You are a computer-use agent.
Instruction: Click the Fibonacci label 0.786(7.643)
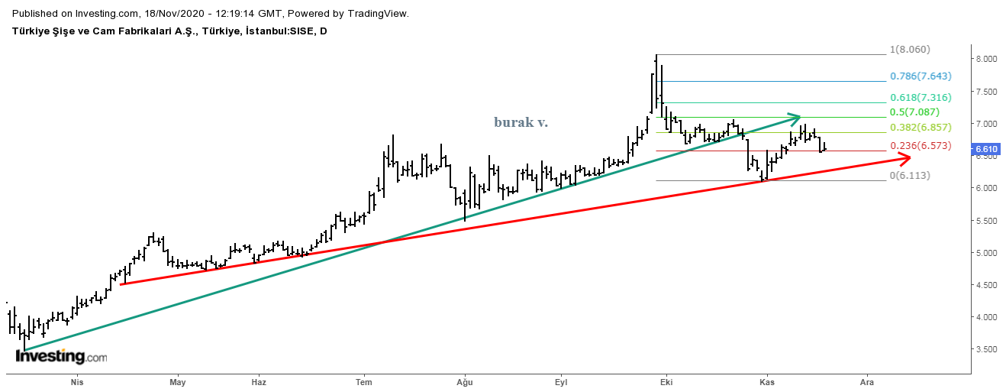921,76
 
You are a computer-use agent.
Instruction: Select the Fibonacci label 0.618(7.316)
921,98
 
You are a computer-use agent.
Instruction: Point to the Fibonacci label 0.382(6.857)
921,127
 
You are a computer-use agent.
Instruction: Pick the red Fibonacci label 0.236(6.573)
921,146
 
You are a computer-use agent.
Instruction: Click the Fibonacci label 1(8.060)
910,50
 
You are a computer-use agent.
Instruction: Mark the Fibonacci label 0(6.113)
910,175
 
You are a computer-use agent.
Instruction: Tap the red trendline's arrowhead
904,158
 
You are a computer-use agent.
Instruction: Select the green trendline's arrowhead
795,118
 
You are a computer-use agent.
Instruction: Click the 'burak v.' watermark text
521,121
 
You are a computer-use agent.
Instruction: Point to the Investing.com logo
61,356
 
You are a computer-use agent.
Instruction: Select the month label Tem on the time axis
365,381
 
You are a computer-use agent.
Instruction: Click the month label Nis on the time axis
76,381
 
